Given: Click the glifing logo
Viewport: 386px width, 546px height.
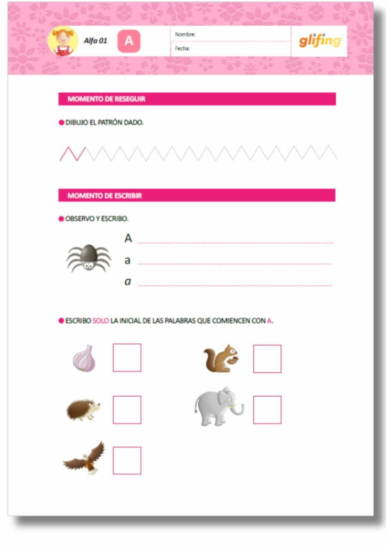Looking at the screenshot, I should [x=319, y=41].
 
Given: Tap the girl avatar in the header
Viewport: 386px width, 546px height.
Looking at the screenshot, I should [x=63, y=41].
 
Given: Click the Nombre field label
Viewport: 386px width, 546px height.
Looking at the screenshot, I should [x=185, y=35].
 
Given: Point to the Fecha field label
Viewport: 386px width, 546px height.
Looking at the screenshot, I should [x=183, y=49].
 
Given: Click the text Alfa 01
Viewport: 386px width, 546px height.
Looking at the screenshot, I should [x=95, y=41].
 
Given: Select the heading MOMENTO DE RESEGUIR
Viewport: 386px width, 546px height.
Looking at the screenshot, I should [x=107, y=99].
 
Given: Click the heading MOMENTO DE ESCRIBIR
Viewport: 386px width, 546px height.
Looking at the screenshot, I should [x=104, y=196].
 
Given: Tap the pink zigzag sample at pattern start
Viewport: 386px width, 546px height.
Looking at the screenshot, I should [x=73, y=153].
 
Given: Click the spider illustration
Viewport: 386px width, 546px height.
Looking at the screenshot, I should [x=89, y=258].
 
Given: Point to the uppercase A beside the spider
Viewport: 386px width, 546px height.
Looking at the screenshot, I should [x=128, y=238].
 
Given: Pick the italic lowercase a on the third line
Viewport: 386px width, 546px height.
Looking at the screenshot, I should [x=127, y=281].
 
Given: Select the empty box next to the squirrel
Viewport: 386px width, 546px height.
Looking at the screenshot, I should [x=267, y=359].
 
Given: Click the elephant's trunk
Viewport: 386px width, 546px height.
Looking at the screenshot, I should [x=238, y=409].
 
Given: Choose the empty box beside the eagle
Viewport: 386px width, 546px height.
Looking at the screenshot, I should [x=127, y=461].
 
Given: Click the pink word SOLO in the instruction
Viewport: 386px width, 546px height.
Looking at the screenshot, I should [x=100, y=321].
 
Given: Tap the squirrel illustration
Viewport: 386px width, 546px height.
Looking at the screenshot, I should [x=221, y=358].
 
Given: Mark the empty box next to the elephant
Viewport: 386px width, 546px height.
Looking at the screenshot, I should [x=267, y=410].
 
